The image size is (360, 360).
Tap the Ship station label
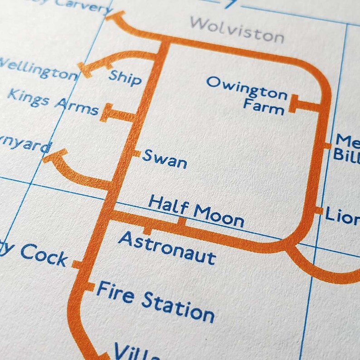[x=125, y=78]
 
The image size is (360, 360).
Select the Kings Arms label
[x=53, y=102]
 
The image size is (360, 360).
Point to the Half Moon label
[x=196, y=211]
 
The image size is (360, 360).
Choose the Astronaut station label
[x=167, y=247]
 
